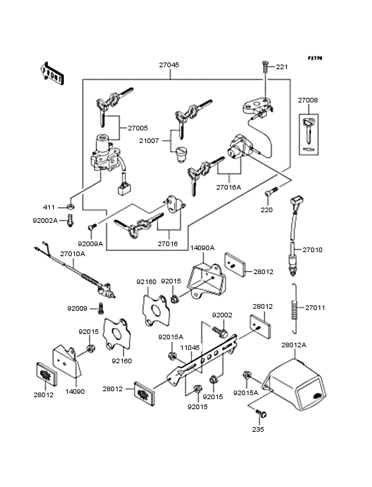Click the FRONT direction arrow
(52, 73)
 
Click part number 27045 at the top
(169, 65)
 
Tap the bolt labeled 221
(265, 67)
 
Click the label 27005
(138, 128)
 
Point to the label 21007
(149, 140)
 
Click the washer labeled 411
(70, 206)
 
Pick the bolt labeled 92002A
(70, 220)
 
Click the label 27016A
(229, 188)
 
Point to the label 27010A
(72, 253)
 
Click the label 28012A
(294, 345)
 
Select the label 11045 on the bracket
(190, 347)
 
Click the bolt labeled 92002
(220, 332)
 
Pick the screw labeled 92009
(100, 309)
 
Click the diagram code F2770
(315, 58)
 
